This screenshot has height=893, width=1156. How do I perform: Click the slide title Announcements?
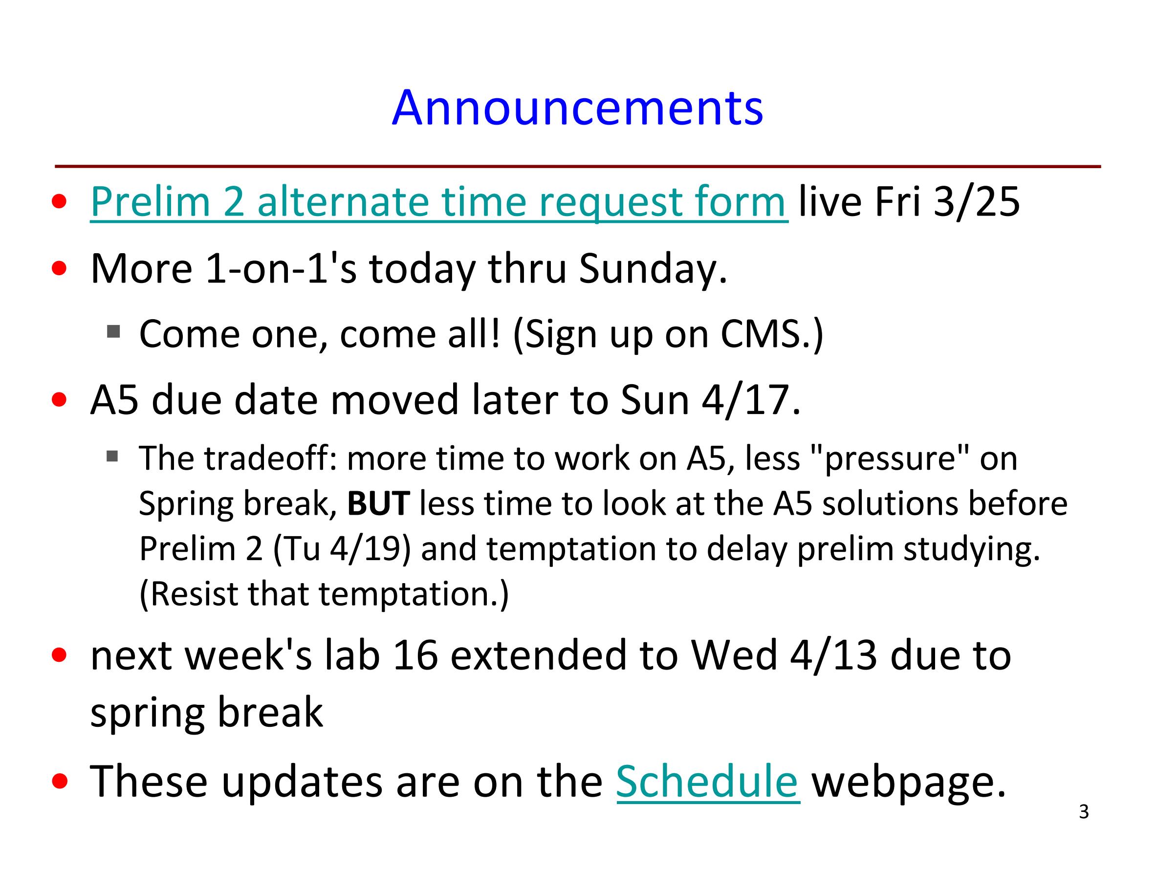577,108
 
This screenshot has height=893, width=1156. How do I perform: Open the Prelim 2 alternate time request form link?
439,202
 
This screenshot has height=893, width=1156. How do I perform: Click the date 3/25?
976,202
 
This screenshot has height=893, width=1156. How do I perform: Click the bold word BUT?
378,503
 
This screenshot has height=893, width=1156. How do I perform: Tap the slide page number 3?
1084,812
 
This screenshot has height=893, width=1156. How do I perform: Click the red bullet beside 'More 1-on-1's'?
59,268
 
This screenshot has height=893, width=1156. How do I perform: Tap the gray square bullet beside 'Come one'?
113,331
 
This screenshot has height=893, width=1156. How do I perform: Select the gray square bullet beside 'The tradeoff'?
112,456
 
